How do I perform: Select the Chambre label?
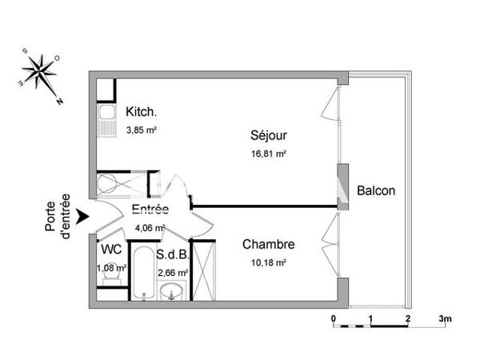coord(269,245)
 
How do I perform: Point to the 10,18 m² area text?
coord(269,261)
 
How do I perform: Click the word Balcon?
coord(376,191)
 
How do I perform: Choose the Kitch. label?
coord(141,113)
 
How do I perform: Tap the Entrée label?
coord(150,210)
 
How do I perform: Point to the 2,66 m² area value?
coord(173,273)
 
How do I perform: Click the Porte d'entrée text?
coord(58,214)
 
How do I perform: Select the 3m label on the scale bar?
coord(446,319)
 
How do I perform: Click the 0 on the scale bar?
coord(333,319)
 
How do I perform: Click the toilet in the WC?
coord(114,278)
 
